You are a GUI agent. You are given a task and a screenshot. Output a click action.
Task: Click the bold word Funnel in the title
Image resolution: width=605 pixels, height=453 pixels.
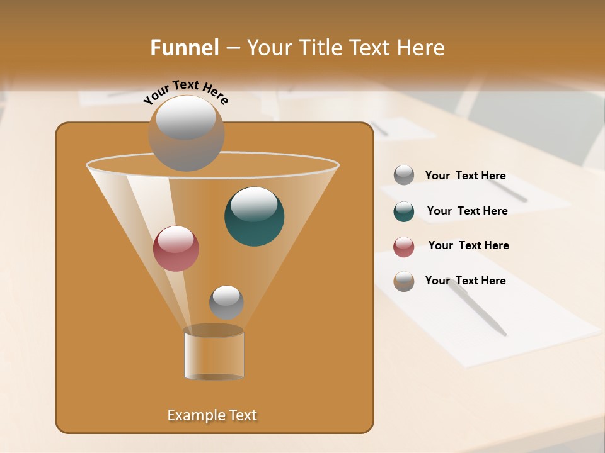(184, 48)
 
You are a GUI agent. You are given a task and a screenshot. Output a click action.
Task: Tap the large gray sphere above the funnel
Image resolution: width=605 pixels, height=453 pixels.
(186, 133)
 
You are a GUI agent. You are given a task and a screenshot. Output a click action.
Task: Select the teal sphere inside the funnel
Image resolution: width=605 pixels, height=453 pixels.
(254, 216)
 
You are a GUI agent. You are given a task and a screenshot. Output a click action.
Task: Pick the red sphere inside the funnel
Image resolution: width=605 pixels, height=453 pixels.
(176, 249)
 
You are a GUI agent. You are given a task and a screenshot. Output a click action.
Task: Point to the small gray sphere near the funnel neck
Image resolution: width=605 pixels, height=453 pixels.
(226, 302)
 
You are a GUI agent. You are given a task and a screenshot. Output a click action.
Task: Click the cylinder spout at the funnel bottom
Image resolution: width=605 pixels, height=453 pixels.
(214, 354)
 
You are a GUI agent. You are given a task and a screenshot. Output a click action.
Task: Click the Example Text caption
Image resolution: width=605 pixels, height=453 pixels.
(212, 415)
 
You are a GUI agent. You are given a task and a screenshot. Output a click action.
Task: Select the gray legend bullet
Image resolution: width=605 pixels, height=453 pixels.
(404, 176)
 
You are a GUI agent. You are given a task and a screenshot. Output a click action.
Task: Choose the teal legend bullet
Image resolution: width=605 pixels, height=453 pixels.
(404, 211)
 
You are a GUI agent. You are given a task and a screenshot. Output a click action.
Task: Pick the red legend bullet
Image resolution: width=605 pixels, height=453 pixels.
(404, 247)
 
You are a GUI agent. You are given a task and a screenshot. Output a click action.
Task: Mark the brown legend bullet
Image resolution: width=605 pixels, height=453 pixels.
(404, 281)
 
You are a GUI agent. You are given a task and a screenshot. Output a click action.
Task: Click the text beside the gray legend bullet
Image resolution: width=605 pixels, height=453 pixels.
(465, 176)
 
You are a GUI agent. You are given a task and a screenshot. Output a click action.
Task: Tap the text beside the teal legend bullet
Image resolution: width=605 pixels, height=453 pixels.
(467, 211)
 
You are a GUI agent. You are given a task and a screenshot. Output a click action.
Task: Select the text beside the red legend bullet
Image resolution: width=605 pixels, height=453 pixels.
(468, 246)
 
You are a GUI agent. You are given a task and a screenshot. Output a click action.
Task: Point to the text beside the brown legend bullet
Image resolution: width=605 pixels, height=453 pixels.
(465, 281)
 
